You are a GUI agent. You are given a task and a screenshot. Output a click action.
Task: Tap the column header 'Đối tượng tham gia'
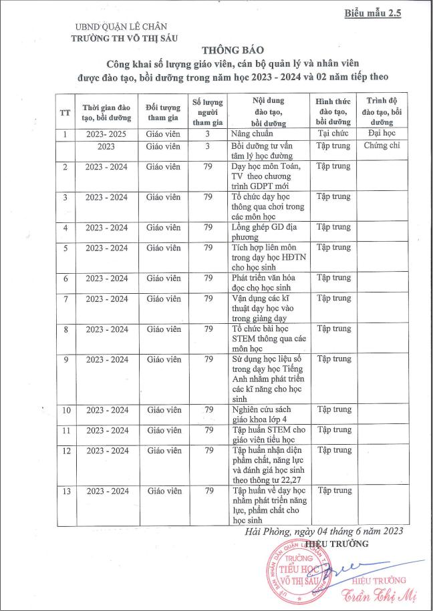point(163,112)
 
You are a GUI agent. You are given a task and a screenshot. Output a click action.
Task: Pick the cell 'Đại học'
point(382,134)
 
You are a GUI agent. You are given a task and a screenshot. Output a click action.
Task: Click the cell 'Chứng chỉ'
point(382,146)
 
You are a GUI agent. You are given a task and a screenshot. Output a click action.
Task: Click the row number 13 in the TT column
point(65,491)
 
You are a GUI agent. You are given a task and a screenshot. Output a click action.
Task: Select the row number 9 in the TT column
point(65,359)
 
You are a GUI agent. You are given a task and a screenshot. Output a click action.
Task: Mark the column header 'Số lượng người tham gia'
point(207,112)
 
